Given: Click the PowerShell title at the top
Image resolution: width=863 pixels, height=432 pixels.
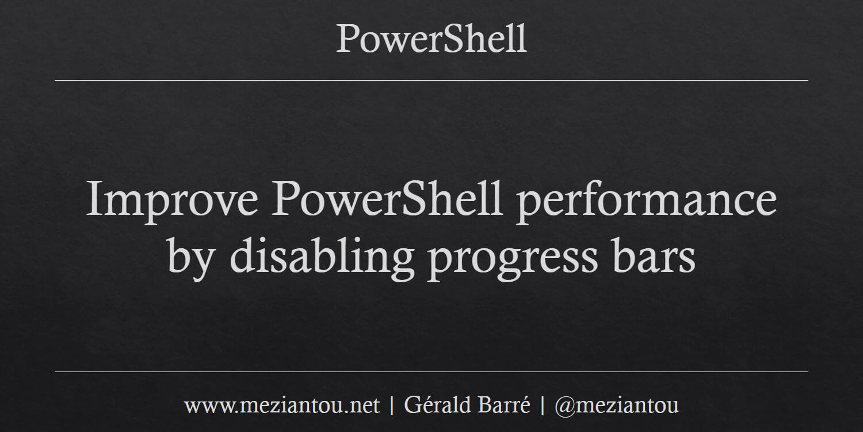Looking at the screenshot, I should [x=431, y=39].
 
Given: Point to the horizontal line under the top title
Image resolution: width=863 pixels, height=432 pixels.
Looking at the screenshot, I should [x=431, y=80].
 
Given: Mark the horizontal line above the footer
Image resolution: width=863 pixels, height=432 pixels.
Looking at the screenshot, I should [x=431, y=372].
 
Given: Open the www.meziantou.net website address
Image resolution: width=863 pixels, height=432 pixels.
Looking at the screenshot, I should [x=282, y=406].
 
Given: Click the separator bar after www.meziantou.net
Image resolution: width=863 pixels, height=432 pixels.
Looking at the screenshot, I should [x=392, y=406].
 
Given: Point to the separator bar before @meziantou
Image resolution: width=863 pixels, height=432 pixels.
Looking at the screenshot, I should [x=543, y=406].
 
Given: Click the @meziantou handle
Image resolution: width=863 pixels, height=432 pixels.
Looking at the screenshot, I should [x=617, y=406].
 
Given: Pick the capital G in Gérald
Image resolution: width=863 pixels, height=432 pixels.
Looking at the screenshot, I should [x=412, y=406].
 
